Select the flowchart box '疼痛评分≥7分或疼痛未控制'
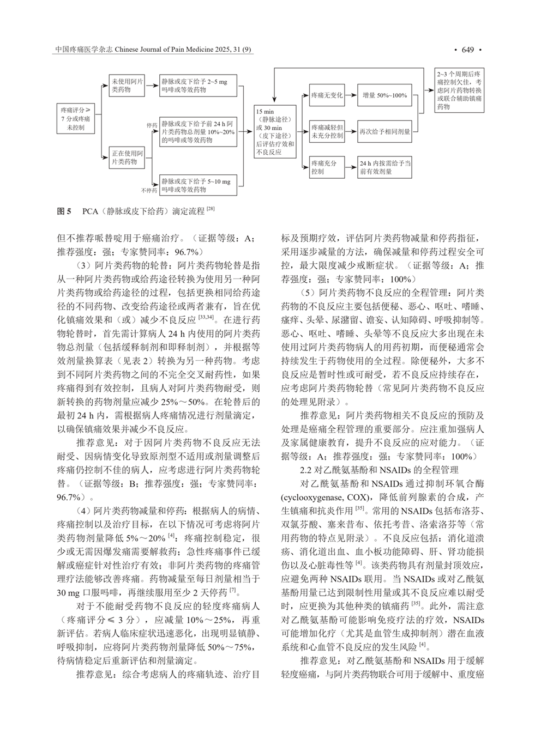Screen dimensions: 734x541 click(76, 119)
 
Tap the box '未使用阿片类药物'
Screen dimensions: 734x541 click(127, 86)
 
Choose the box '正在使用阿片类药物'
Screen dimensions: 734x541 click(127, 157)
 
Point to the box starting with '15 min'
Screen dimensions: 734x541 click(275, 132)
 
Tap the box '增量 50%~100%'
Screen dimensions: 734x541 click(384, 95)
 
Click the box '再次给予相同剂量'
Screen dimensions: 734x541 click(384, 131)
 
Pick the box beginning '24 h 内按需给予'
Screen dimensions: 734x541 click(384, 167)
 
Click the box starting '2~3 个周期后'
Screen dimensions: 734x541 click(460, 90)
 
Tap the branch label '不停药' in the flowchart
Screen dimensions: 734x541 click(148, 190)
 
